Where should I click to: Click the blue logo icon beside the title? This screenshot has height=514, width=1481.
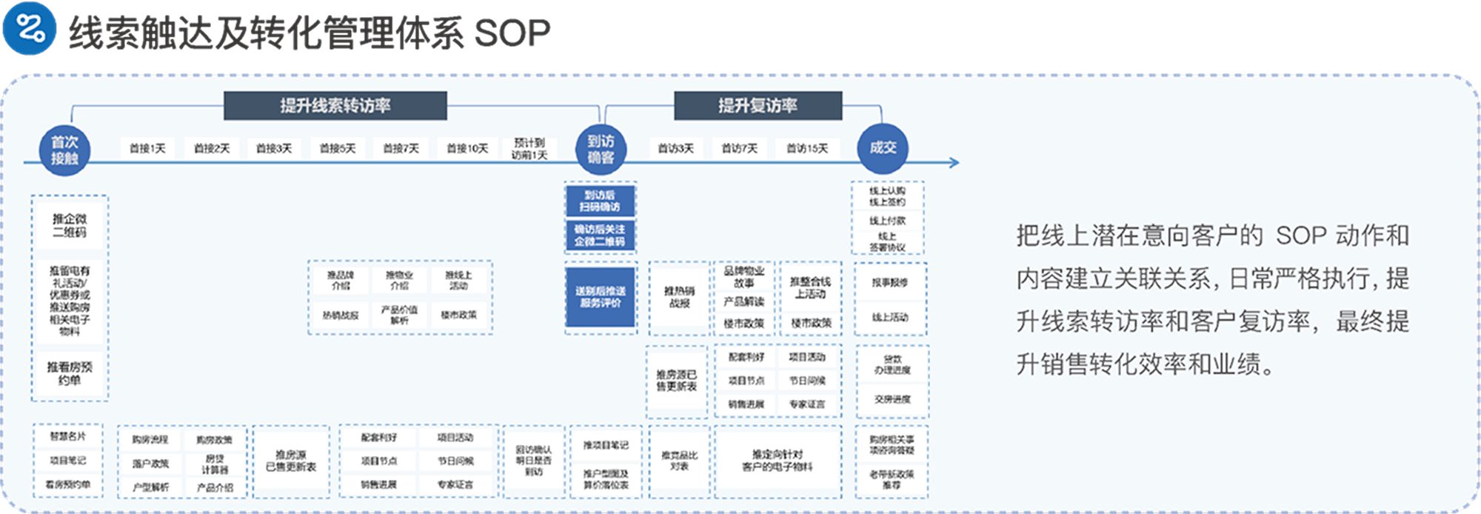30,30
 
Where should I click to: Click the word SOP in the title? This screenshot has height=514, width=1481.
512,33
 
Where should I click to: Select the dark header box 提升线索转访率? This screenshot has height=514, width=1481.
335,105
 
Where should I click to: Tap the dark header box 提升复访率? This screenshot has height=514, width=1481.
758,105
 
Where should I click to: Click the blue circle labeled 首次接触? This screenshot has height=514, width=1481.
64,150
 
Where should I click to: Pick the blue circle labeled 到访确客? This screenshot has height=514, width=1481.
601,149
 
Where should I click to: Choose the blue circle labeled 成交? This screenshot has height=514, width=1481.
883,148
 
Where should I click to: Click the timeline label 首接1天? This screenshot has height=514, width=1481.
147,149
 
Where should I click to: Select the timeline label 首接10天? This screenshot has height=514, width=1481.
467,149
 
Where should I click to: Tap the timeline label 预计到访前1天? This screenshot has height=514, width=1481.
529,149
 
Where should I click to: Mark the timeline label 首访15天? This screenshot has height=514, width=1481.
807,149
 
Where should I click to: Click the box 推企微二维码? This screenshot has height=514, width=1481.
70,226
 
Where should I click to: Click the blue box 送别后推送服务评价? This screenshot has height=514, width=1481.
601,297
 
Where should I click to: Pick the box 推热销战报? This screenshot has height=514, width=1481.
679,297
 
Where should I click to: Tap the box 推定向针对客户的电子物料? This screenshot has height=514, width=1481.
778,461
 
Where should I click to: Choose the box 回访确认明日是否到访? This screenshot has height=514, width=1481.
533,461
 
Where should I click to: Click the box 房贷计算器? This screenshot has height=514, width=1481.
215,464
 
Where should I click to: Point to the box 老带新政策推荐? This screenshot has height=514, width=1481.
892,478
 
